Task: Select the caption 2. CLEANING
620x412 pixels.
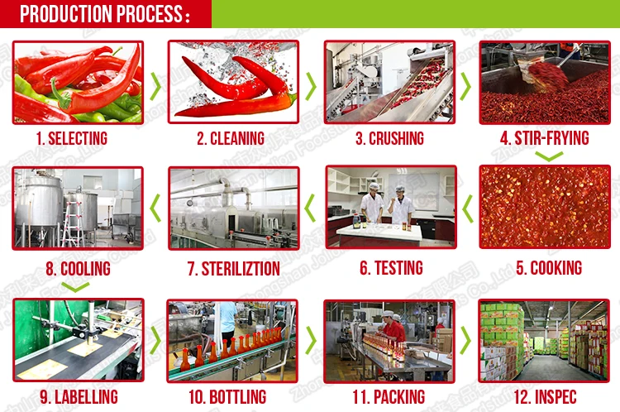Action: tap(230, 138)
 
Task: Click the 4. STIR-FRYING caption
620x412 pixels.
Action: tap(544, 138)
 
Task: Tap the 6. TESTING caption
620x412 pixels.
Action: tap(391, 268)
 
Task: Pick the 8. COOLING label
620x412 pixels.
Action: tap(78, 268)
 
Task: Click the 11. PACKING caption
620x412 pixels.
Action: tap(388, 397)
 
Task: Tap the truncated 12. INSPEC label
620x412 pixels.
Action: tap(543, 397)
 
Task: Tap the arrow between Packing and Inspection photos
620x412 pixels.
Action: tap(466, 340)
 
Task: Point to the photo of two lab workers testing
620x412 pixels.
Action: tap(390, 208)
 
